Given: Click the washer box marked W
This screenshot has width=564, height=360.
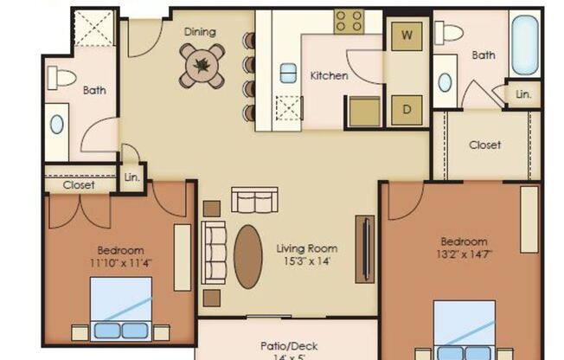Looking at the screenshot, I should pos(407,36).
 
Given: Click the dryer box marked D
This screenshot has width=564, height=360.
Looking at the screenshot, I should pos(407,110).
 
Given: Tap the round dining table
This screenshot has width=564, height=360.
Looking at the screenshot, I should pos(202,64).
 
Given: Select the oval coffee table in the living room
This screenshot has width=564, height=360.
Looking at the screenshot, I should pos(248,257).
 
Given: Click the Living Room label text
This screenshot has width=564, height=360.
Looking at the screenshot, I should pos(306,249).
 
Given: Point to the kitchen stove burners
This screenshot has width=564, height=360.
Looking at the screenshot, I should pos(349,22).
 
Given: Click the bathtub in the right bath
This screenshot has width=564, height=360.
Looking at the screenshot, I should pos(524,43).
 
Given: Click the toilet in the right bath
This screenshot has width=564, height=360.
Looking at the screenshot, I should pos(449,33).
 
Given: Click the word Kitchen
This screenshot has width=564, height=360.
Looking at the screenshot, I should pos(329,76).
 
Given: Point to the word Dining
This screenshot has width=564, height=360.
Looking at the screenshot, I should pos(200,32).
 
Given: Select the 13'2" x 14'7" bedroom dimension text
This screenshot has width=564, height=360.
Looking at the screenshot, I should pos(464,254).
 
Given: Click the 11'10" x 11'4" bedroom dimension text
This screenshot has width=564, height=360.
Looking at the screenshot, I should pos(121,262).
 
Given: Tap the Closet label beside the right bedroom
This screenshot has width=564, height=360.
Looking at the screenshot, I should pos(484,145).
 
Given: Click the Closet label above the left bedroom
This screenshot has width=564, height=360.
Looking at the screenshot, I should pos(79,184).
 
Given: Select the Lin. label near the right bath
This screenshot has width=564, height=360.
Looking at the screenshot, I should pos(524,93).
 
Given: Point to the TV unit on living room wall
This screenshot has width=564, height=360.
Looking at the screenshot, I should pos(364,248).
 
